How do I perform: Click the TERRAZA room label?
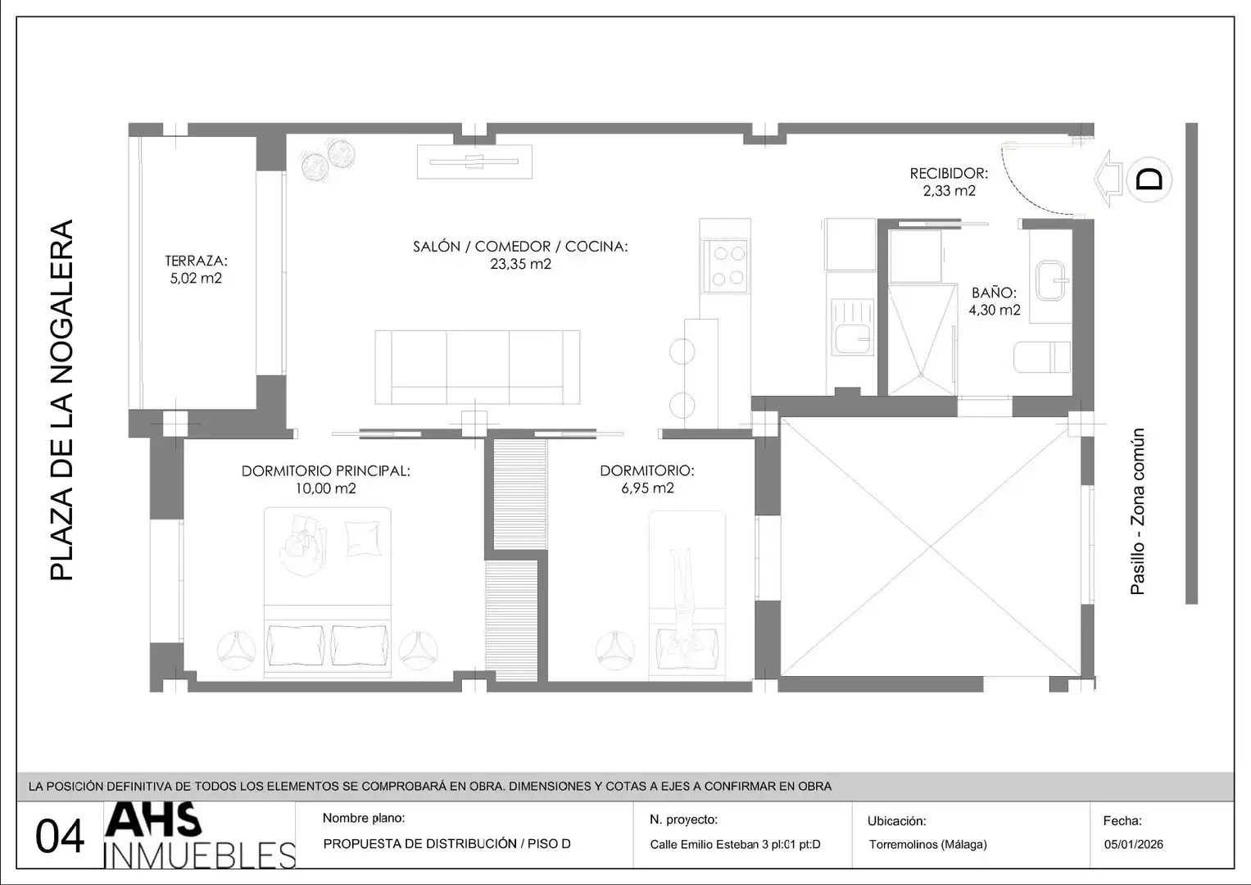(196, 261)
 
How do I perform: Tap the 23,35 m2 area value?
(520, 264)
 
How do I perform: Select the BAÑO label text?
(994, 293)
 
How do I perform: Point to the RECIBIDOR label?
(949, 174)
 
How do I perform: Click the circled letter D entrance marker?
(1149, 179)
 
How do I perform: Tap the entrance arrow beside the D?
(1108, 179)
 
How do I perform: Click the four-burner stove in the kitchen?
(726, 266)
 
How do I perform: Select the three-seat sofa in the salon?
(478, 367)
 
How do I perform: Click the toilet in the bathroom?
(1042, 357)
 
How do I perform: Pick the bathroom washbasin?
(1052, 280)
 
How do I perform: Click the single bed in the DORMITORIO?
(687, 596)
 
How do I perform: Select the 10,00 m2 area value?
(325, 488)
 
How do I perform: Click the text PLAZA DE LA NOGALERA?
(61, 400)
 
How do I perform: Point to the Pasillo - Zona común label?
(1138, 511)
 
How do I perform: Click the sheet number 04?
(60, 837)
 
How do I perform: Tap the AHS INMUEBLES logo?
(200, 835)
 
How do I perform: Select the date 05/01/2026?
(1134, 844)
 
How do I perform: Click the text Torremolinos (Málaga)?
(927, 844)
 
